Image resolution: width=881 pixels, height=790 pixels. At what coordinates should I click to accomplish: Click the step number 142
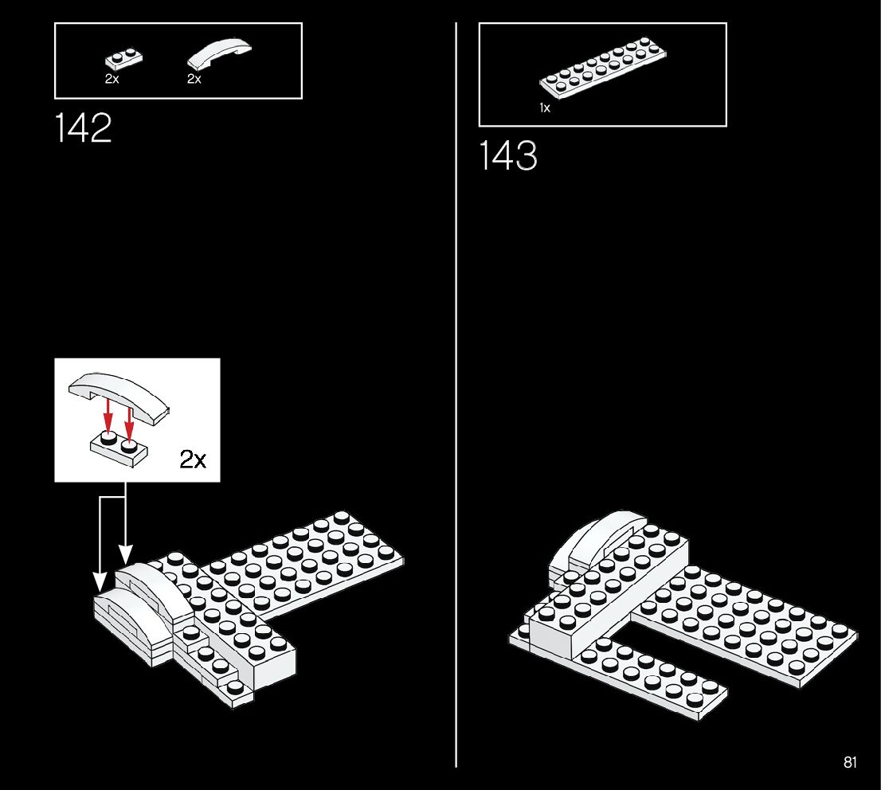point(84,128)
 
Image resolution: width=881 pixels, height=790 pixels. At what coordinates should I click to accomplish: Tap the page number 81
point(850,762)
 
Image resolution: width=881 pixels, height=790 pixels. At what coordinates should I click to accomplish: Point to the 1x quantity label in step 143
point(545,108)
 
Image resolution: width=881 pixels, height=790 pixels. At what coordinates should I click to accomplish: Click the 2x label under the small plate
point(112,80)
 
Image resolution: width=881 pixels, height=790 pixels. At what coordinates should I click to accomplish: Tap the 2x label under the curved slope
point(194,80)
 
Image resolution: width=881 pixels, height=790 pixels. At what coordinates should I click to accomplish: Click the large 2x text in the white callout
point(193,459)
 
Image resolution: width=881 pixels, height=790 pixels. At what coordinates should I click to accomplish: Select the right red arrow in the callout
point(128,419)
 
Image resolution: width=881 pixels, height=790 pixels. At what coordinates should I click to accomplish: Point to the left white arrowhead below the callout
point(100,581)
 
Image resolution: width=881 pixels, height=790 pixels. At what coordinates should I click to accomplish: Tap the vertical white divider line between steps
point(456,398)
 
